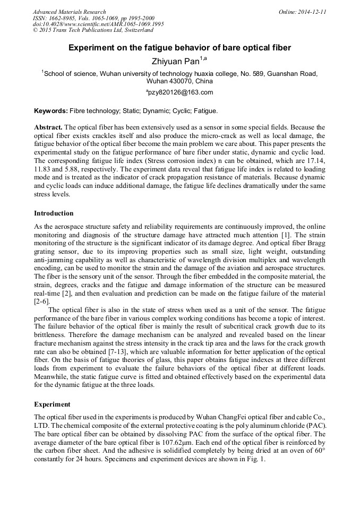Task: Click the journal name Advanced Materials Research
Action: pos(69,12)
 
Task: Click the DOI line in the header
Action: pos(98,24)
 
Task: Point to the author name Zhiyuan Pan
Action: pos(175,62)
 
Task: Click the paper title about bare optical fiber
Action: pos(179,48)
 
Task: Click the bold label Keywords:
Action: pos(51,111)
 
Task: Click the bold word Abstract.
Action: pos(48,128)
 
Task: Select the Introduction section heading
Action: pos(54,213)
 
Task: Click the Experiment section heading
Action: pos(52,404)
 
